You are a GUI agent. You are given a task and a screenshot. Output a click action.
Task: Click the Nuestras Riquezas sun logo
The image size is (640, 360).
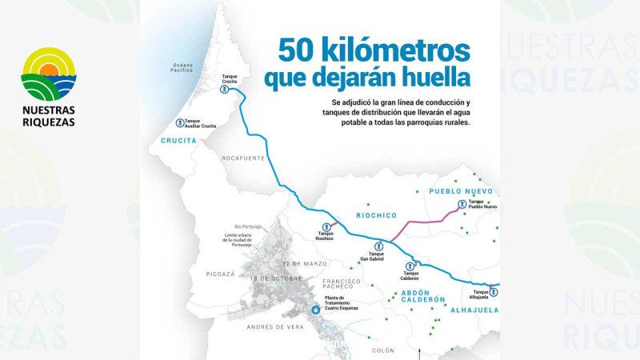coord(48,74)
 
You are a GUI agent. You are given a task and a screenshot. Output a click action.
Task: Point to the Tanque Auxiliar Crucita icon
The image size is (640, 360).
coord(179,124)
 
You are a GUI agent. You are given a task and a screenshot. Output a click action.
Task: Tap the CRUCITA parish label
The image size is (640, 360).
coord(178,141)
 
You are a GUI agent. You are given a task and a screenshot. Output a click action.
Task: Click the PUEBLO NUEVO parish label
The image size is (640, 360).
coord(460,191)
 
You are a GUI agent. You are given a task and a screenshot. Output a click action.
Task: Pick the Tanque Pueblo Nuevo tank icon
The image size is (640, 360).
coord(462,205)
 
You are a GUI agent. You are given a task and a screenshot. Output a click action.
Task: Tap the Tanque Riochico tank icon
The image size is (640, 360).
coord(325,227)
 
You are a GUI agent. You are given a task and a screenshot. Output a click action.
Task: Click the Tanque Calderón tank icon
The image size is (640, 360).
coord(410,266)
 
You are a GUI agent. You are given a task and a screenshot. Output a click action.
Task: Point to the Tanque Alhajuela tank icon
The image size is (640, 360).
coord(493,291)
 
